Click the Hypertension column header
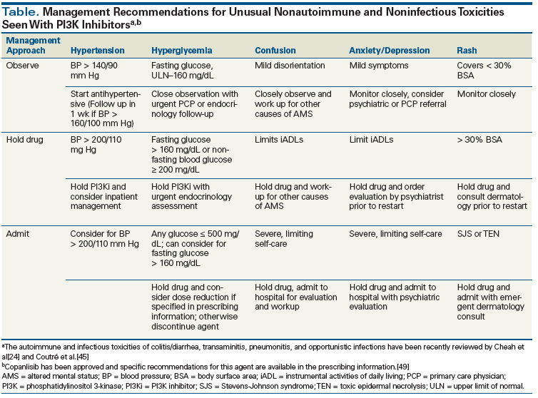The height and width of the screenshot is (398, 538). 97,51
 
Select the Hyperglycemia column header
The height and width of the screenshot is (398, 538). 180,51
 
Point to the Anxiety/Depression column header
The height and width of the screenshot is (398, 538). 390,51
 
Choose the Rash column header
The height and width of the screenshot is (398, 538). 468,51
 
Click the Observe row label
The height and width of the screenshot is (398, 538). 23,66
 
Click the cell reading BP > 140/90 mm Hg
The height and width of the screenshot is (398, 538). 96,71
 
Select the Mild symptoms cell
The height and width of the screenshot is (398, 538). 379,66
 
